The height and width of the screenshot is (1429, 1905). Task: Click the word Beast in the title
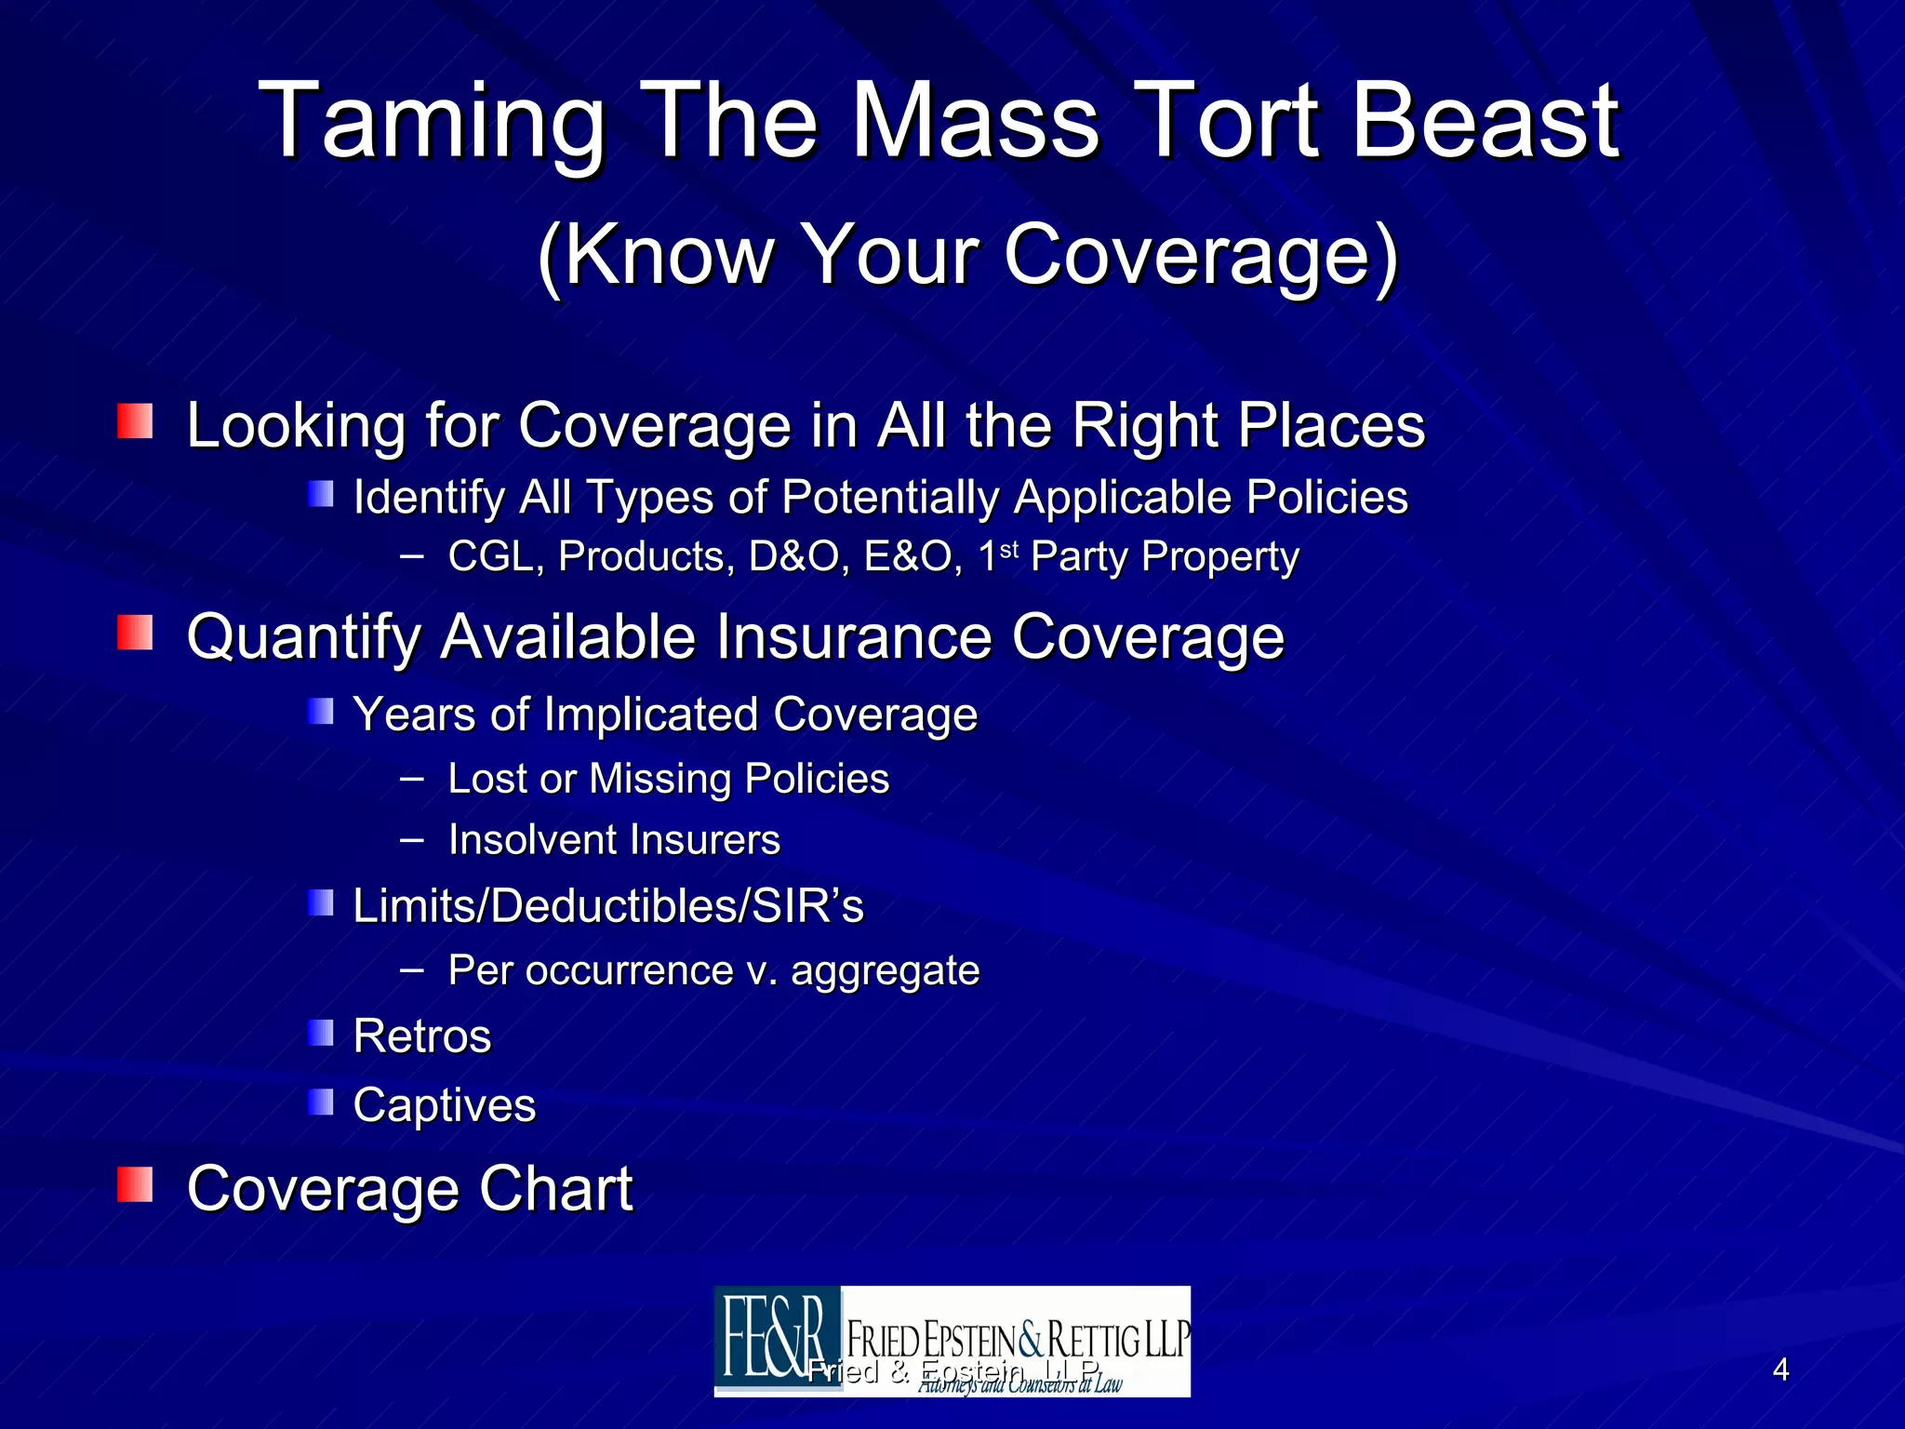coord(1485,121)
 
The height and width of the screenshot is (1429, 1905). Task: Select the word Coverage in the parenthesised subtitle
coord(1200,255)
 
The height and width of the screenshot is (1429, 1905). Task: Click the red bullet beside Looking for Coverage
coord(135,421)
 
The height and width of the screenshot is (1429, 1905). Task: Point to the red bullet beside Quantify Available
coord(135,633)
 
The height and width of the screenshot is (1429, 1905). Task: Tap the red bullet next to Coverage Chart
coord(135,1184)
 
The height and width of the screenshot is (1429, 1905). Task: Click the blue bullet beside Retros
coord(321,1033)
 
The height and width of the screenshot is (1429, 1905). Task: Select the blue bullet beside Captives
coord(321,1102)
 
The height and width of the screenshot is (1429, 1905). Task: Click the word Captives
coord(445,1105)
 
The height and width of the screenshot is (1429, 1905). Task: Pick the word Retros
coord(422,1036)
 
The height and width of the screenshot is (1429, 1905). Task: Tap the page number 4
coord(1780,1369)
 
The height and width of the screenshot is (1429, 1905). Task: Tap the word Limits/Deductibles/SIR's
coord(608,906)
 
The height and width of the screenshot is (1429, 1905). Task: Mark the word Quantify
coord(304,638)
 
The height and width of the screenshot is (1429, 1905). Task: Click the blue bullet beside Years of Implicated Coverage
coord(321,713)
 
